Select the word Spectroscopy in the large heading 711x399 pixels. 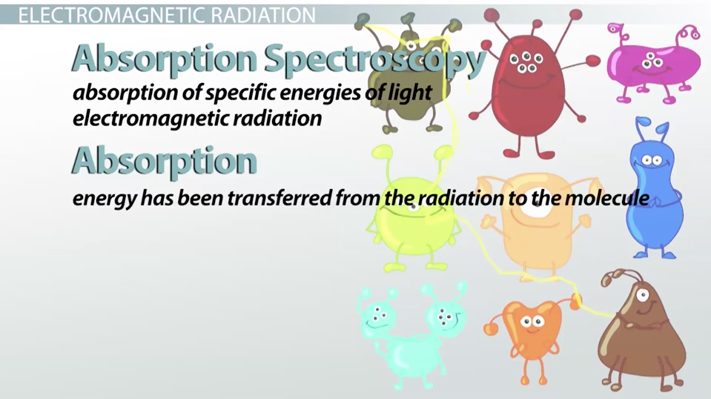tap(375, 59)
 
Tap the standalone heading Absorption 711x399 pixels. tap(164, 162)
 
